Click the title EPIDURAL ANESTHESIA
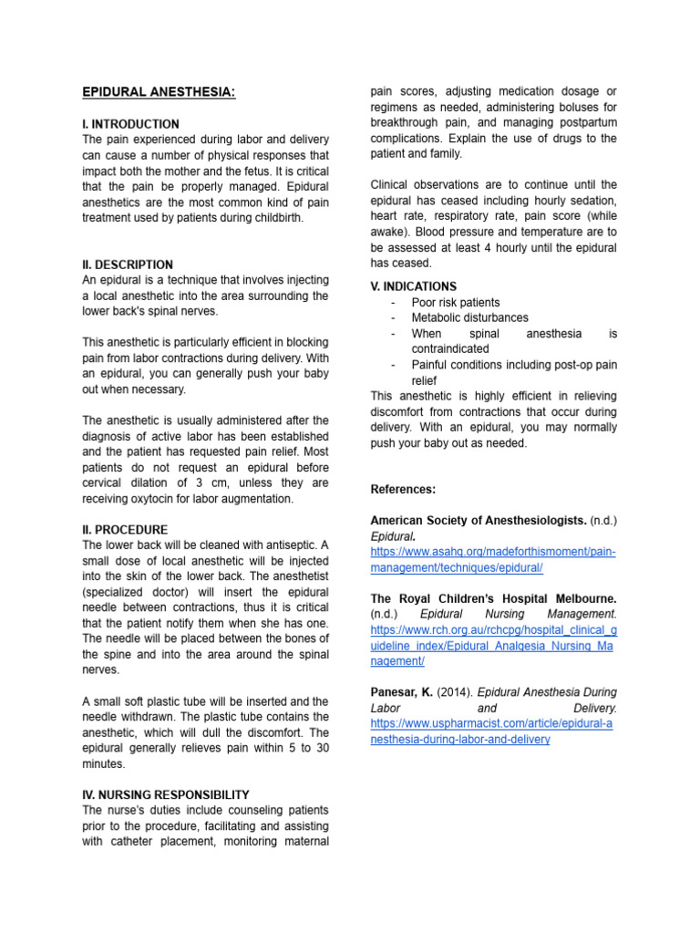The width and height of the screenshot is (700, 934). pyautogui.click(x=159, y=92)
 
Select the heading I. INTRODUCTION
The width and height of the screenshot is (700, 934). pyautogui.click(x=130, y=124)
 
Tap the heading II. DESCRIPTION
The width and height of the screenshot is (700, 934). pyautogui.click(x=128, y=265)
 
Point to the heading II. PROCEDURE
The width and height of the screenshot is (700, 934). pyautogui.click(x=125, y=530)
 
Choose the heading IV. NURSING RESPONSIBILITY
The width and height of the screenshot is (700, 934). pyautogui.click(x=166, y=794)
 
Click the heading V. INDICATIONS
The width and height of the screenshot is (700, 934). pyautogui.click(x=414, y=286)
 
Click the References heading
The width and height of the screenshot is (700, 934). pyautogui.click(x=403, y=490)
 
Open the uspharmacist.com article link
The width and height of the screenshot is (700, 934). pyautogui.click(x=491, y=732)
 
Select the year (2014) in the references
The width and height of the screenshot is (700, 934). pyautogui.click(x=455, y=692)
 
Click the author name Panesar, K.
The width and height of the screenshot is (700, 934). pyautogui.click(x=401, y=692)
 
